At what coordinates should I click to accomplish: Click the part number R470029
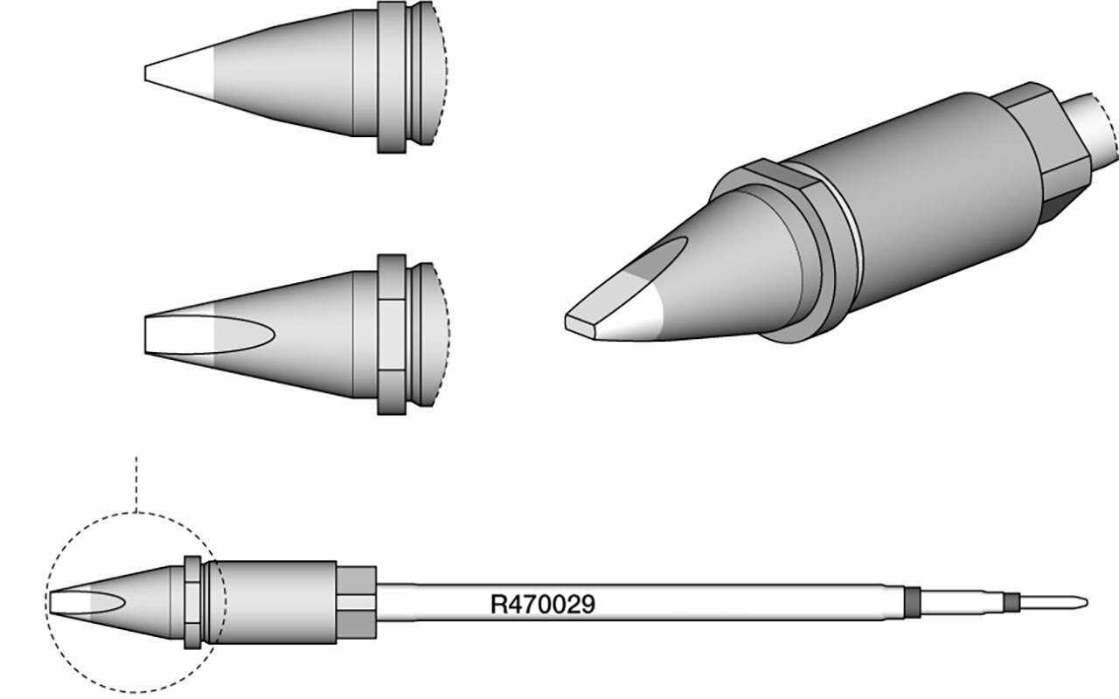point(543,604)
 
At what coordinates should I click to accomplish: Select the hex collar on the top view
point(392,77)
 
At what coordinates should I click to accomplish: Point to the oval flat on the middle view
point(210,335)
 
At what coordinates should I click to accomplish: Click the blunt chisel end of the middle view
point(146,335)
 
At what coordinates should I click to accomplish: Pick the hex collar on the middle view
point(392,335)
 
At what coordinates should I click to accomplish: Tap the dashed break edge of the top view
point(442,73)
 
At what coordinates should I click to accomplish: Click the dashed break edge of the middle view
point(443,335)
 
